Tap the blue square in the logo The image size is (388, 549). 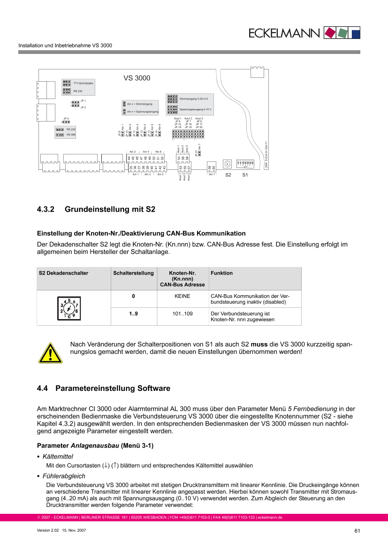(356, 33)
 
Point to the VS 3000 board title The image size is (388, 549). (137, 78)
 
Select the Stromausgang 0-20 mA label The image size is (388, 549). (193, 99)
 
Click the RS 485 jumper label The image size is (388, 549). (71, 135)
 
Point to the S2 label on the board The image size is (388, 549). (228, 175)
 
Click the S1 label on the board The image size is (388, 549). (244, 175)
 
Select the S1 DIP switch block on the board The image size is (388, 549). (245, 163)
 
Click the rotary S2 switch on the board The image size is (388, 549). (228, 164)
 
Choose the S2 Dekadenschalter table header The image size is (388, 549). (63, 273)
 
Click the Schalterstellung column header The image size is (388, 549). (133, 273)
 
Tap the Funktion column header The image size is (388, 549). (221, 273)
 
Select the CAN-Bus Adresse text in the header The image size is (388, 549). (183, 284)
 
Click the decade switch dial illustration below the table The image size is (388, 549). (69, 308)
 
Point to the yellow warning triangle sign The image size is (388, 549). (50, 353)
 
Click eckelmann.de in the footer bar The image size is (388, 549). (270, 518)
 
